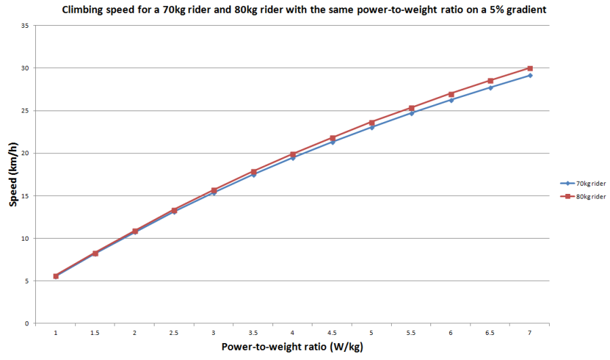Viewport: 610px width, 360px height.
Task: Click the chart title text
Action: [305, 10]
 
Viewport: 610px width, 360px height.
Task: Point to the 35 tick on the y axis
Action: [24, 26]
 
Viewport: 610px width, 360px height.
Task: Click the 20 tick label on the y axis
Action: [24, 153]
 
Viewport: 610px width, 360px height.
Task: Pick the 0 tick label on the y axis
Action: [26, 323]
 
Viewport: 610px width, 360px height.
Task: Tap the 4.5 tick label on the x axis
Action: [332, 333]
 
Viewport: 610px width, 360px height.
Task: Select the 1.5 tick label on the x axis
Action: [95, 333]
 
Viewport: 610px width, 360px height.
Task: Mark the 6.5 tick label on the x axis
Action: [490, 333]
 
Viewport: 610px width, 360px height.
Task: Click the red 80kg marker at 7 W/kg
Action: [530, 68]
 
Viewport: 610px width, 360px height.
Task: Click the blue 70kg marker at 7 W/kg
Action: [530, 75]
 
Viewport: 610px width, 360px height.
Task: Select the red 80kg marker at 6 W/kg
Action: [451, 94]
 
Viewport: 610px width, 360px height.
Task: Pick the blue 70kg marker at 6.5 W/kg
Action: [490, 87]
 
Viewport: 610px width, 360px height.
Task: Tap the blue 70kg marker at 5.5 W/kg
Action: [411, 113]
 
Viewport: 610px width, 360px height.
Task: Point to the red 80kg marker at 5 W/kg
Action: [372, 123]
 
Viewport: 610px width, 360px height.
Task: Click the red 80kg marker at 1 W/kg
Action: [56, 276]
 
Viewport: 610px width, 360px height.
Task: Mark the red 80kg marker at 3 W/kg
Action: [213, 191]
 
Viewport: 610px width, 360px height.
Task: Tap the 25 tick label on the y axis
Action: [24, 111]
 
